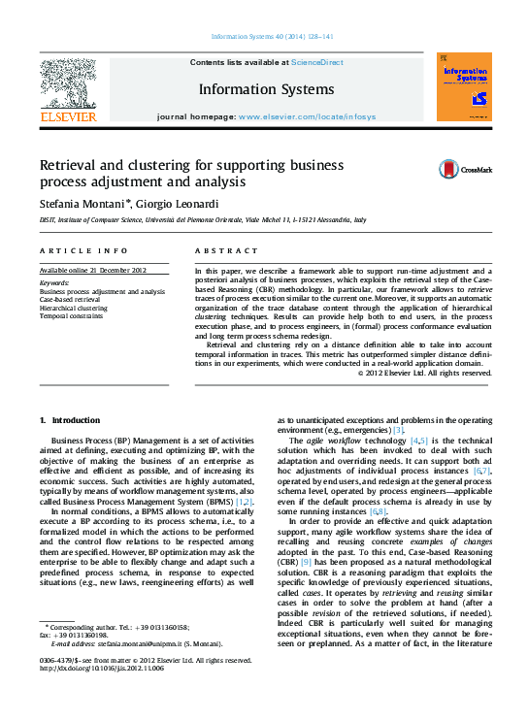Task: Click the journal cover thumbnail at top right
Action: coord(465,88)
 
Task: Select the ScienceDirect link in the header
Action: coord(316,62)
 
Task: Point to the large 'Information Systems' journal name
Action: coord(266,89)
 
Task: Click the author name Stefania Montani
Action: coord(80,203)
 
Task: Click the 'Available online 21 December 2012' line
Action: coord(93,270)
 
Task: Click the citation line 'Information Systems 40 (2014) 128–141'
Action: coord(272,38)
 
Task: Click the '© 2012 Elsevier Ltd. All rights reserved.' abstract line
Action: coord(425,372)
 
